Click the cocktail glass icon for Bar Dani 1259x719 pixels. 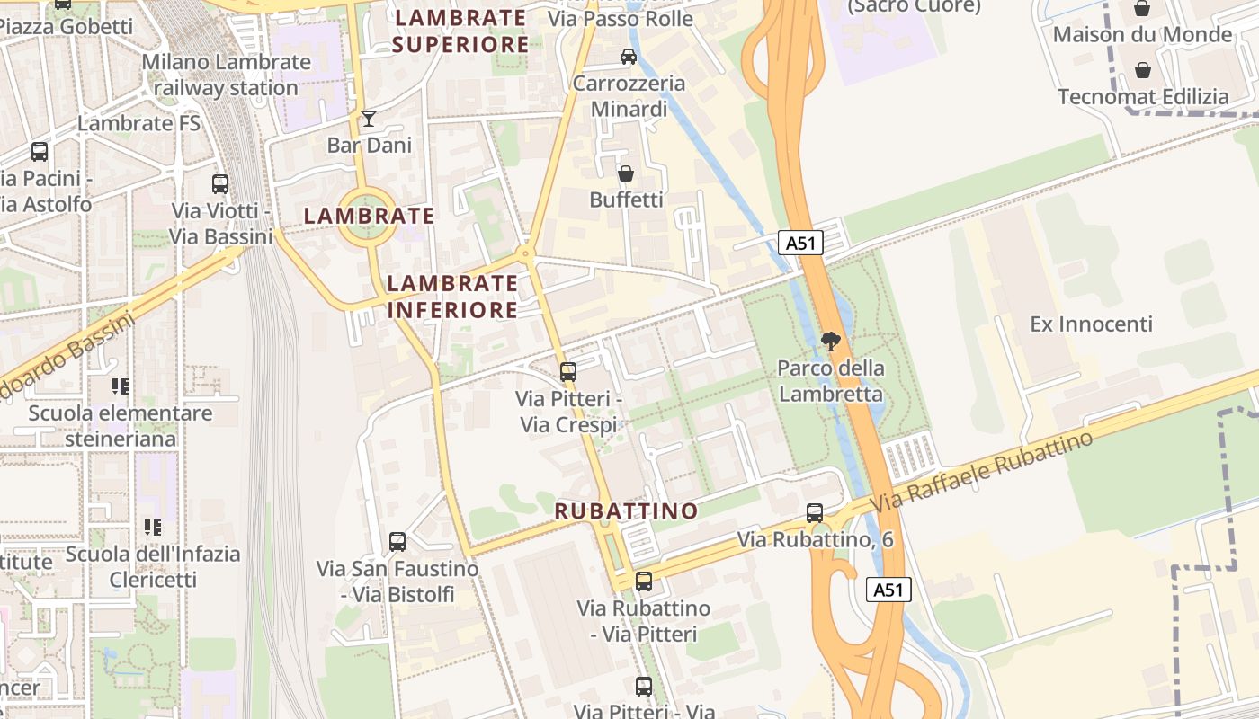point(369,119)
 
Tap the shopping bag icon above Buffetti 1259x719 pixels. point(626,173)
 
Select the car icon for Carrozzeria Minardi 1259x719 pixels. point(628,57)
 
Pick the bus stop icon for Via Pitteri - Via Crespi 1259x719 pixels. point(567,371)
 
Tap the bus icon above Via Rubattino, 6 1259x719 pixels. point(815,513)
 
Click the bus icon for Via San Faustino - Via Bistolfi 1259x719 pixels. point(397,542)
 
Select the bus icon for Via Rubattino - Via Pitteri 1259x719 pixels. point(644,581)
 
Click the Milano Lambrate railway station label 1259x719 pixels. point(226,75)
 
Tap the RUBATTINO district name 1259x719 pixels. point(626,511)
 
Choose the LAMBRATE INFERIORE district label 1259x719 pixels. point(452,297)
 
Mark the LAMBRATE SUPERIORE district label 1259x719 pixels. point(460,31)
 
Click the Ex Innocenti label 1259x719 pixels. point(1091,324)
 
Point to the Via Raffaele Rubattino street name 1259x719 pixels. point(982,472)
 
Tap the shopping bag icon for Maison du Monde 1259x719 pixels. point(1142,9)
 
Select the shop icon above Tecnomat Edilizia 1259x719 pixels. point(1142,70)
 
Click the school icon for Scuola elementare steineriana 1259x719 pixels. point(121,386)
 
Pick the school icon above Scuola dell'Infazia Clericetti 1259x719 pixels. point(153,528)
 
